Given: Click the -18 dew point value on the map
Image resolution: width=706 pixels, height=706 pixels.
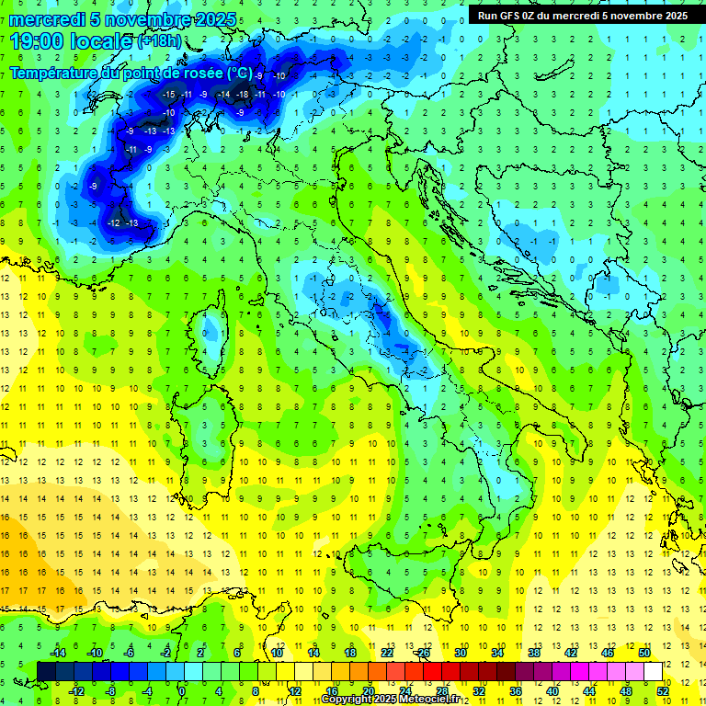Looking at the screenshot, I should [x=243, y=94].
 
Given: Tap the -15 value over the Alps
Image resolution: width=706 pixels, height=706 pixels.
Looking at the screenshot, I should [x=168, y=94].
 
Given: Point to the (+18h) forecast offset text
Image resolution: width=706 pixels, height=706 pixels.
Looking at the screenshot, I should [x=160, y=41].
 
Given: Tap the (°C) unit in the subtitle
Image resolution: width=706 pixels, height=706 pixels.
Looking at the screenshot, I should [x=240, y=73].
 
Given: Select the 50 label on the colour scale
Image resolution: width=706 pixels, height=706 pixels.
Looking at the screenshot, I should [x=644, y=653].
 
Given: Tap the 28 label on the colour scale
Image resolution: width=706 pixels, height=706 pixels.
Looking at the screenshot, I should [x=442, y=690].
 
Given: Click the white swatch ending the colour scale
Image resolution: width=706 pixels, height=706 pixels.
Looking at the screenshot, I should [x=653, y=671].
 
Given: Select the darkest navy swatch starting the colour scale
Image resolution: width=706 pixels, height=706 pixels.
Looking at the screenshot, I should [x=46, y=671].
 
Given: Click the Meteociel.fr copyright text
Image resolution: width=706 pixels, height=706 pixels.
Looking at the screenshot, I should [x=396, y=700].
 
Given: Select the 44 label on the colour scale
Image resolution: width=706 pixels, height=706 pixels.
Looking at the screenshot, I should [x=588, y=690].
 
